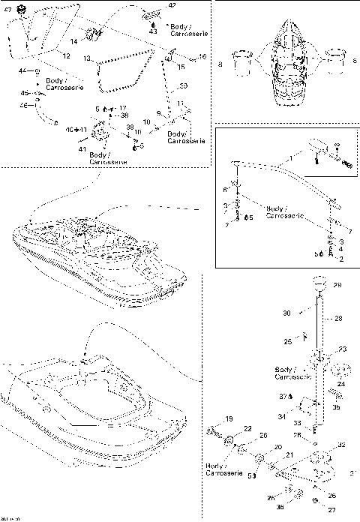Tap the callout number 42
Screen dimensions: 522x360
[x=172, y=5]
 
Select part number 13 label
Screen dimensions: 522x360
[x=87, y=58]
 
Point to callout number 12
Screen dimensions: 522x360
[x=66, y=56]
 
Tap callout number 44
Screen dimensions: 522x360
[x=22, y=70]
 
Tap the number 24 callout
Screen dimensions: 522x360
[x=341, y=384]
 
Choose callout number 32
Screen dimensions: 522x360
[x=342, y=445]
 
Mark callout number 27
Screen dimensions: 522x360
[x=332, y=510]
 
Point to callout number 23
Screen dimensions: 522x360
[x=344, y=349]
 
